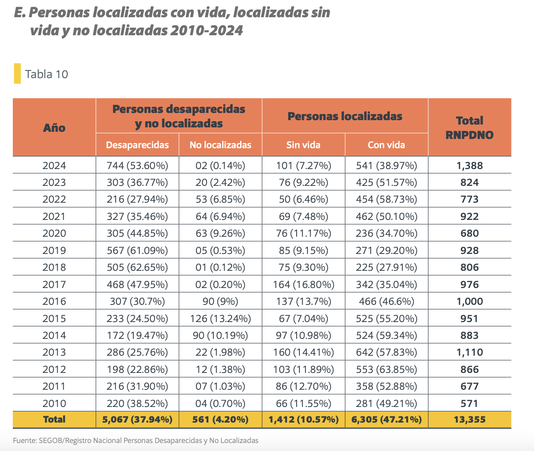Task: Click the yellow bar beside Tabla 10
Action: (x=17, y=74)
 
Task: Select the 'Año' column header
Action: (x=54, y=128)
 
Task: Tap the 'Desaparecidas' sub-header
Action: (x=137, y=145)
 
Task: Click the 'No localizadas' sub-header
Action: (x=220, y=145)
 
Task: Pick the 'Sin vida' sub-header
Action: (x=303, y=145)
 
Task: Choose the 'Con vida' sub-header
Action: (x=386, y=145)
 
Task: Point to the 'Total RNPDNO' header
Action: (x=470, y=128)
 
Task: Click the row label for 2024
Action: (x=54, y=165)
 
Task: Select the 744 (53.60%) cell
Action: (x=137, y=165)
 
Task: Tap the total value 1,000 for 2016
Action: (x=470, y=302)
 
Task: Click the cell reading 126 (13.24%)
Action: (x=220, y=318)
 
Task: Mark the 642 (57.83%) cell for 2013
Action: (x=386, y=352)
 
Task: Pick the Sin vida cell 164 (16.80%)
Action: (x=303, y=284)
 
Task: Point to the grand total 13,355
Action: (x=470, y=420)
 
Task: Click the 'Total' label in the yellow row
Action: (x=54, y=419)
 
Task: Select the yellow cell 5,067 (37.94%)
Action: (x=137, y=420)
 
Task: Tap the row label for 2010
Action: (x=54, y=403)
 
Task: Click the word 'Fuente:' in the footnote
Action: (x=25, y=441)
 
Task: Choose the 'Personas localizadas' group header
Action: (x=345, y=117)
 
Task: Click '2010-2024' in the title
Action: (x=206, y=30)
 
